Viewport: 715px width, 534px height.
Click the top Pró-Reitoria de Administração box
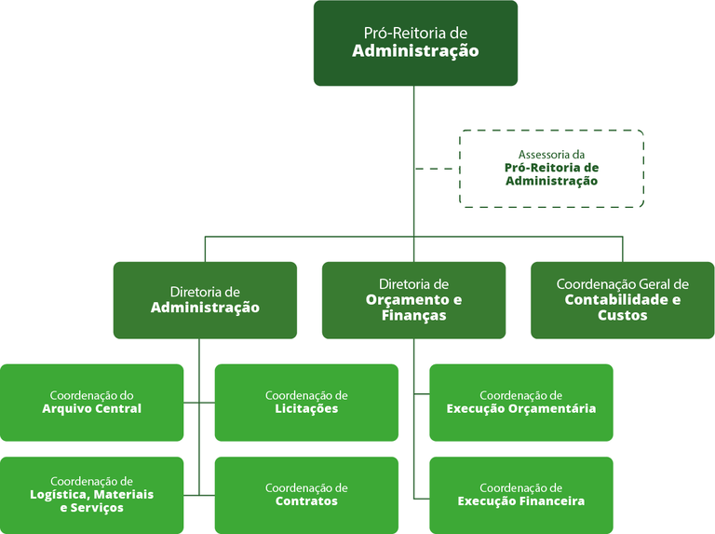click(x=415, y=43)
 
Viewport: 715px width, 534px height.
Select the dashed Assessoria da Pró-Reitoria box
click(x=551, y=168)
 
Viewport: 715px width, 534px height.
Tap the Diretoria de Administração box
click(x=205, y=299)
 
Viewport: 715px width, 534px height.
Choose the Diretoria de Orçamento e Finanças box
click(x=413, y=299)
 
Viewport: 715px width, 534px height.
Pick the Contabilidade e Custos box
click(x=622, y=299)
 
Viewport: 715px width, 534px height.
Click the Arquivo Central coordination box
click(x=91, y=402)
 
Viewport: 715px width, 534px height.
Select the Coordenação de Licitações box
click(x=306, y=402)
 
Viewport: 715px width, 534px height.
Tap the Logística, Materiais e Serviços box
click(x=91, y=494)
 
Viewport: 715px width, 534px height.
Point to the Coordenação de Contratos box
click(x=306, y=494)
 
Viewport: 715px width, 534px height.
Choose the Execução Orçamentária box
click(x=520, y=402)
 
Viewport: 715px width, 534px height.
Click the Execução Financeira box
click(x=520, y=494)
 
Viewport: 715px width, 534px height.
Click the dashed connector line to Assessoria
click(x=436, y=169)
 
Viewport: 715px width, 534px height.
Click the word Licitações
click(x=306, y=409)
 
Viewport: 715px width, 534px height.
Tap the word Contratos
click(x=306, y=501)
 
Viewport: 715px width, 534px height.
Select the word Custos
click(x=622, y=315)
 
